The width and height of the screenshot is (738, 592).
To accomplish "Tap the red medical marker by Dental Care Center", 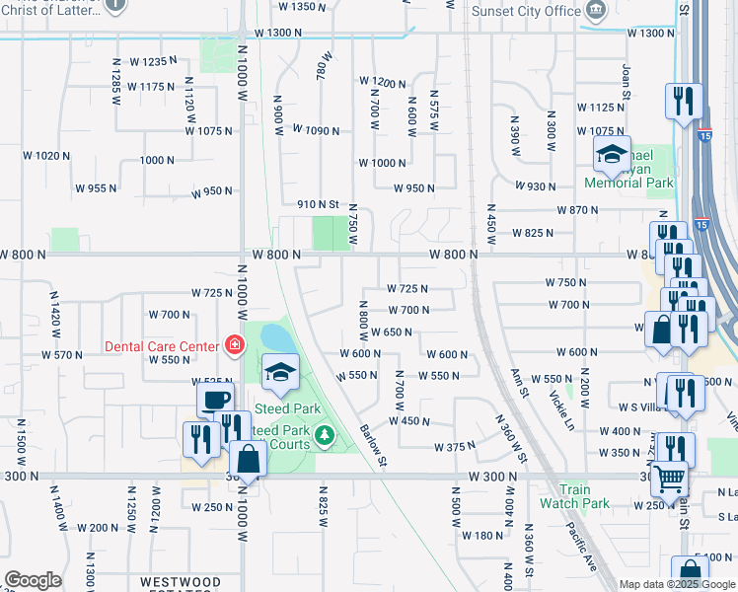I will (233, 345).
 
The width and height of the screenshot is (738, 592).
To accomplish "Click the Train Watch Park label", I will (573, 496).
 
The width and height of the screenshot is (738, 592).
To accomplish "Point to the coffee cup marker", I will (215, 400).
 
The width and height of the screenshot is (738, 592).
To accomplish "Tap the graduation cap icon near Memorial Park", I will (612, 153).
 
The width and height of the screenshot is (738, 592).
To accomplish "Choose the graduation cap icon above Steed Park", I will (280, 371).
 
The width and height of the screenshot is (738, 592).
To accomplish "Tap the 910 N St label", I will (319, 204).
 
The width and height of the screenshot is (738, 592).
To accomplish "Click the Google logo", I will (34, 580).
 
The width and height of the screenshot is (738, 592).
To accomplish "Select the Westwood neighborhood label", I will (180, 582).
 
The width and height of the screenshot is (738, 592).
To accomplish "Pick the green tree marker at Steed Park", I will (323, 433).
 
